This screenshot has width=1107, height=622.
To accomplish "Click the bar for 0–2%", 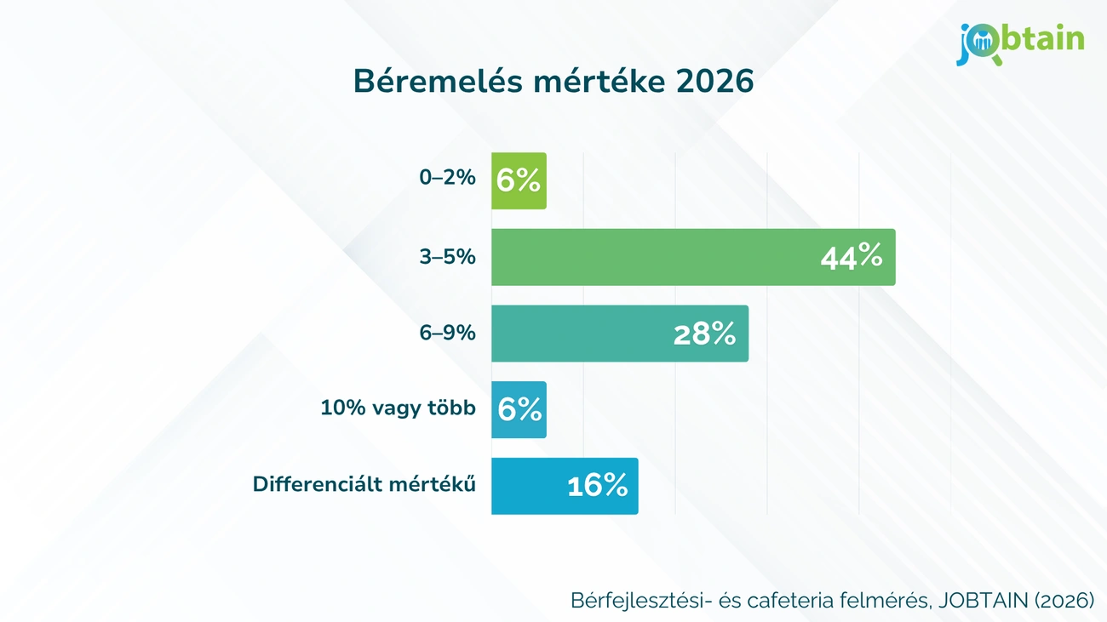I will point(519,180).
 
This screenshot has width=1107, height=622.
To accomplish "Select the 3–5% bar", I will point(664,257).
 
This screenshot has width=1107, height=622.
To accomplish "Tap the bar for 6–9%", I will point(596,334).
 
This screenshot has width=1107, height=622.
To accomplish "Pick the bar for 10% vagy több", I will point(519,409).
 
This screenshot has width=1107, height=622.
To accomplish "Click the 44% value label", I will point(851,257).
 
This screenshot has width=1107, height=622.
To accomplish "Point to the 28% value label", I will point(704,334).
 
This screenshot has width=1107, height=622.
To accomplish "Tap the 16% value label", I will point(597,486).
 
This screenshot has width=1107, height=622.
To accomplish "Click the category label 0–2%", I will point(447,179).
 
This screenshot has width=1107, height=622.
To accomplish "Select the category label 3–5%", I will point(447,255).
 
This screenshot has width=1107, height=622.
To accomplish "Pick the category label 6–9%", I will point(447,332).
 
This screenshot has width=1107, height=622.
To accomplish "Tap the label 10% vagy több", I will point(398,408).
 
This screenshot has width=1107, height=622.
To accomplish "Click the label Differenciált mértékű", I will point(364,484).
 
